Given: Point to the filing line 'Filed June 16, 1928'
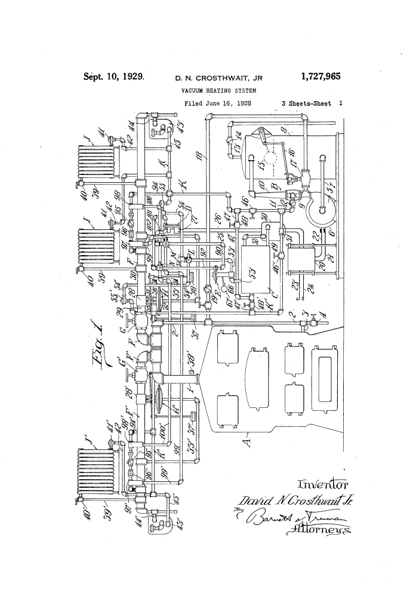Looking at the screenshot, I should (217, 103).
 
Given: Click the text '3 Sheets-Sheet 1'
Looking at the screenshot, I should (312, 103).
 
